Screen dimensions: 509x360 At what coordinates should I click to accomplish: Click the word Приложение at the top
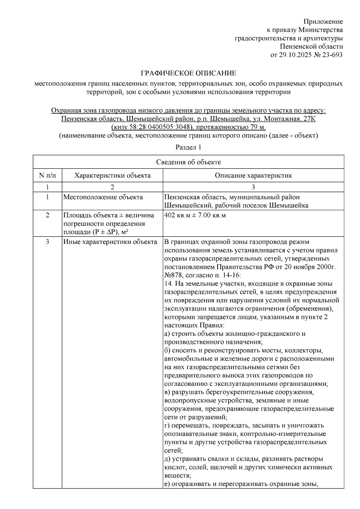click(323, 22)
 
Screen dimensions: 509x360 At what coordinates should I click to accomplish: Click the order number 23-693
click(332, 55)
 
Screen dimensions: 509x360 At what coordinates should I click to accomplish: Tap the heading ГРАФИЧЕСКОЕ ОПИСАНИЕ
click(188, 73)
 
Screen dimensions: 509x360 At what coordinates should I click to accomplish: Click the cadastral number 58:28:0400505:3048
click(155, 127)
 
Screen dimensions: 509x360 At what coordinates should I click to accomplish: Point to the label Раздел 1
click(188, 147)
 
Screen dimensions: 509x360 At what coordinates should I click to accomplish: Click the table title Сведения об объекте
click(188, 162)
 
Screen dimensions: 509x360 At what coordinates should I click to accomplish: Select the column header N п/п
click(47, 175)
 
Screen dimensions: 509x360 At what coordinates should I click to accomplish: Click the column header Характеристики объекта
click(112, 175)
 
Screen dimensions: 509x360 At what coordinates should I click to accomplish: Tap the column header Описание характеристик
click(253, 175)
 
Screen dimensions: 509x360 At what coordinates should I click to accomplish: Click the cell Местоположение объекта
click(103, 197)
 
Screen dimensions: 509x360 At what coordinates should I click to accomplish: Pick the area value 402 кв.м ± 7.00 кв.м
click(195, 215)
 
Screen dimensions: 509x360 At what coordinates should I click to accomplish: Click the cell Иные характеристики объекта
click(110, 242)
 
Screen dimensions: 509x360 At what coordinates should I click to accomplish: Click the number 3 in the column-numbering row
click(253, 187)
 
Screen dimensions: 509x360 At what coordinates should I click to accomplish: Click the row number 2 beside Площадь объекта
click(47, 215)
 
